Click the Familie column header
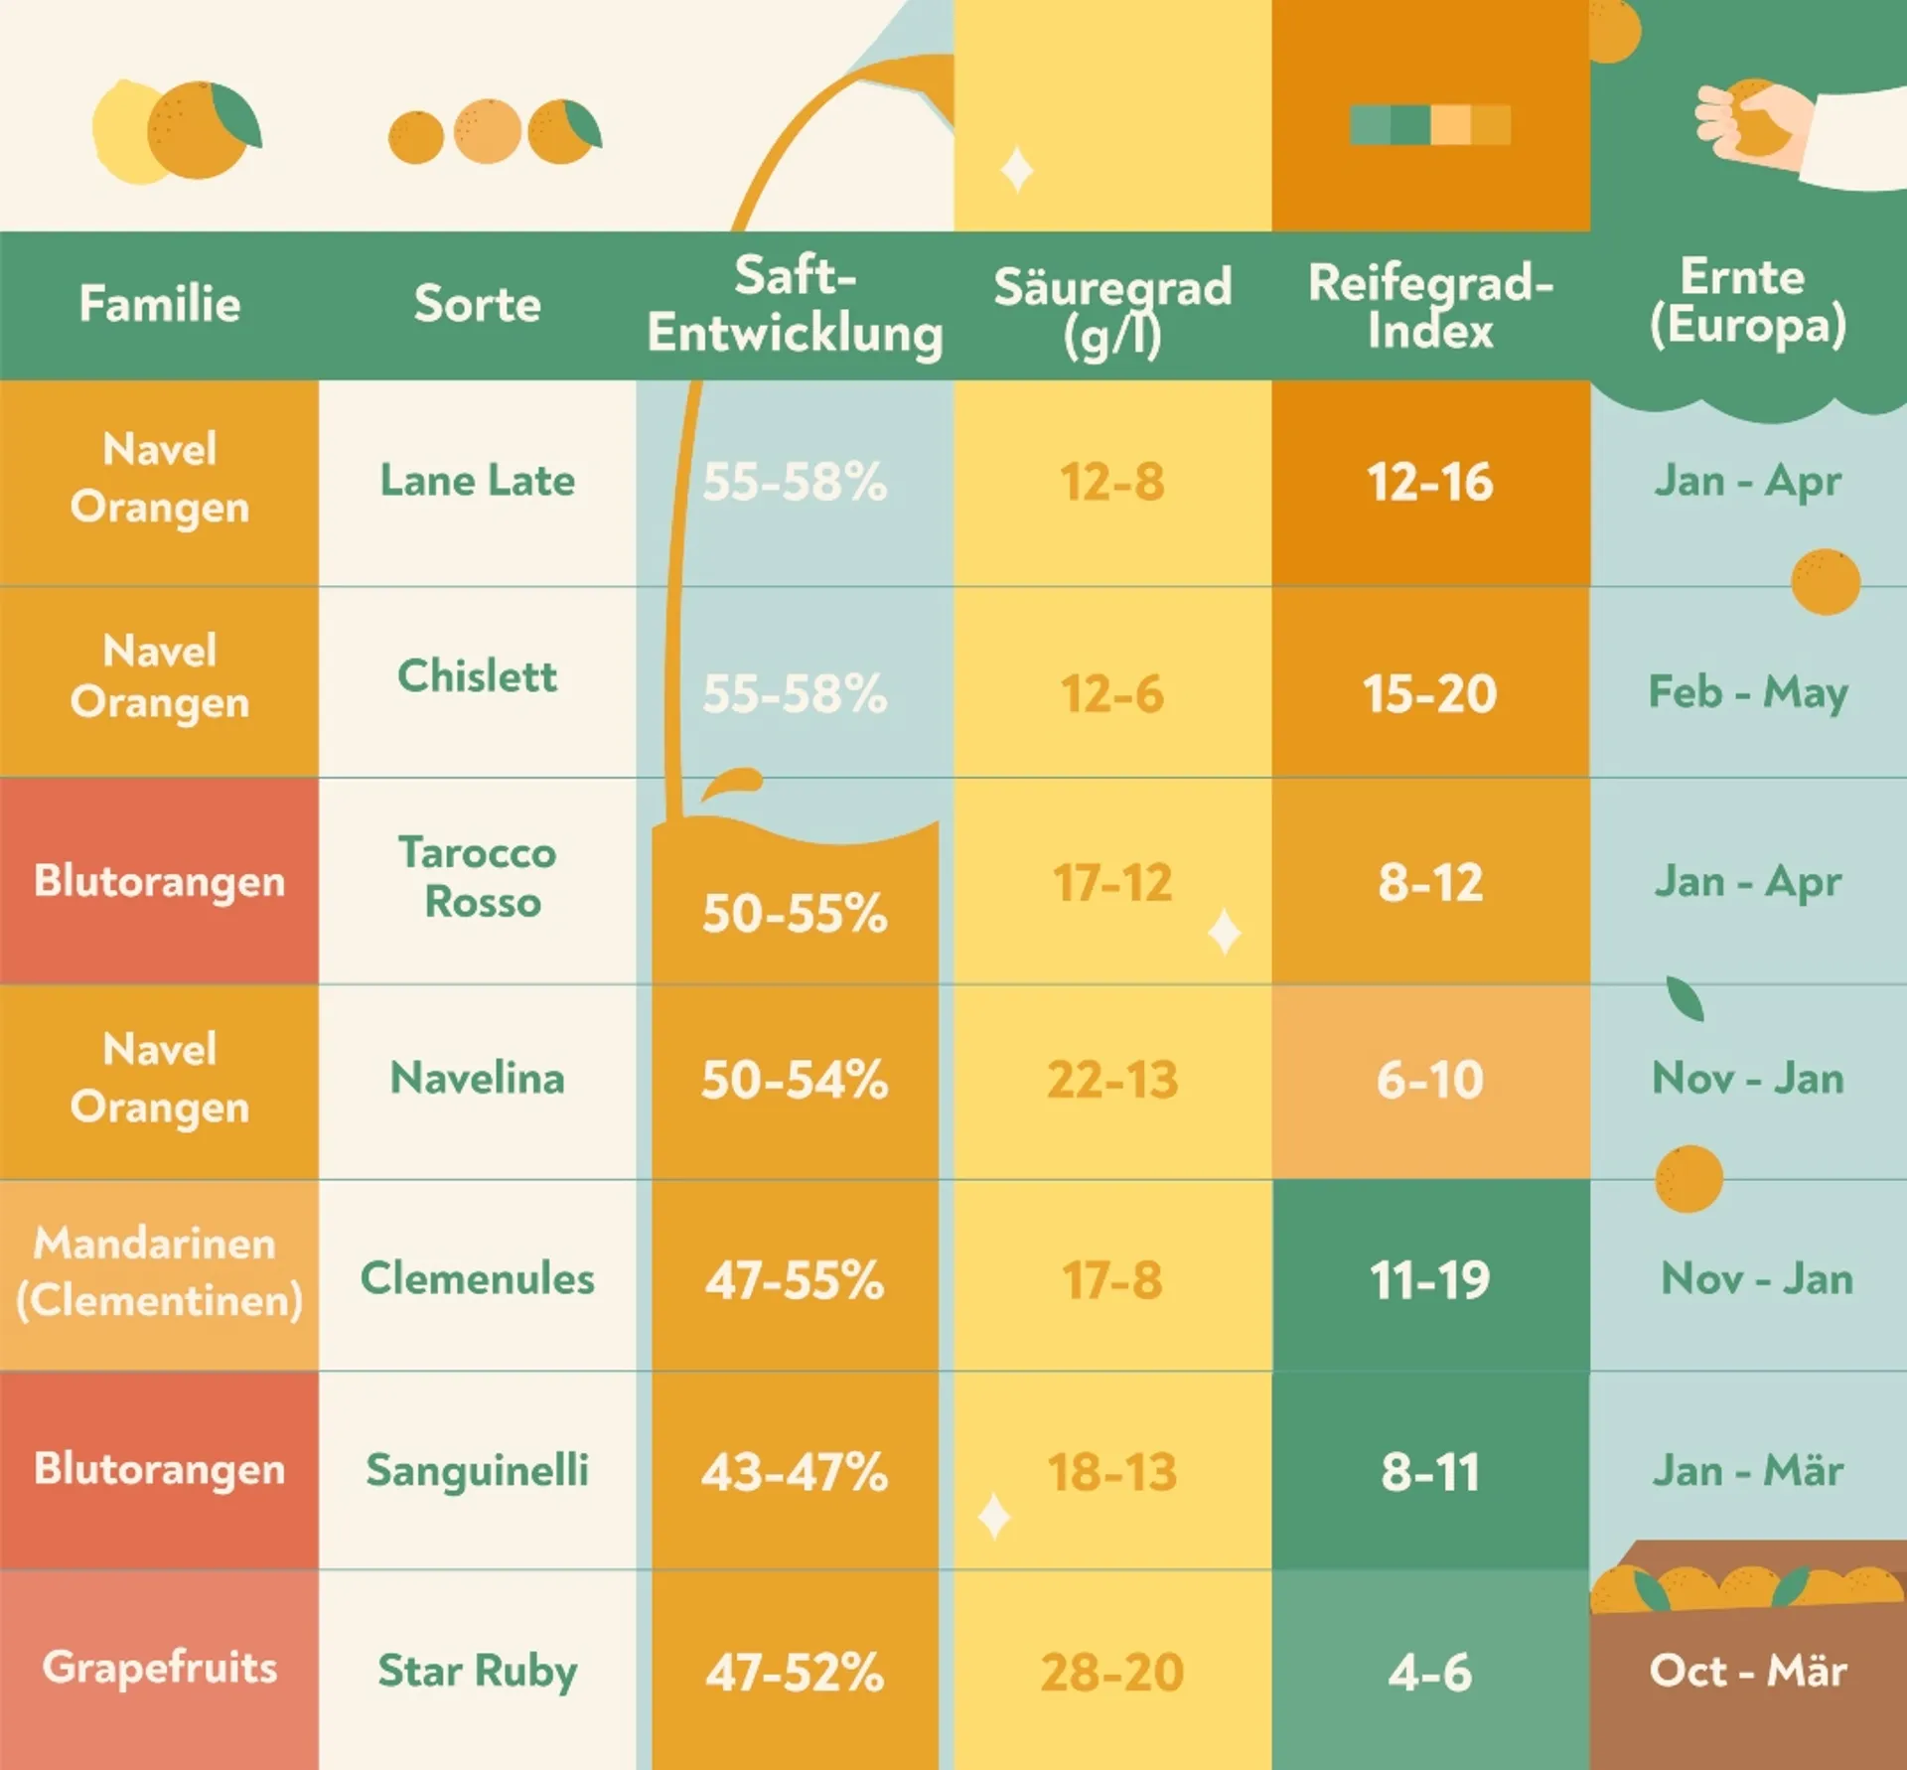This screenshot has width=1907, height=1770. coord(159,304)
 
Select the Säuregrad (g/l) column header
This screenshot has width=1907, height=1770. coord(1112,309)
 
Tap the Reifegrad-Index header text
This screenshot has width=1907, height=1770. coord(1430,305)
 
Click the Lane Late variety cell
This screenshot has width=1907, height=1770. coord(477,481)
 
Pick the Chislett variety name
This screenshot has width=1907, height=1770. coord(477,676)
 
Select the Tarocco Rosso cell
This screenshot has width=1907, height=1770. coord(479,877)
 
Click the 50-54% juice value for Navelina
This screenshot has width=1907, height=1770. coord(795,1080)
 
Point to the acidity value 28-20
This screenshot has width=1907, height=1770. coord(1112,1672)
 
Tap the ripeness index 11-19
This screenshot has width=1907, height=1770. coord(1430,1279)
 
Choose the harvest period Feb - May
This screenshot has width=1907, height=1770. coord(1748,691)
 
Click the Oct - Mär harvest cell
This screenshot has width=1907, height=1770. coord(1748,1671)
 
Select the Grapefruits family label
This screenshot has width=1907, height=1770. coord(159,1667)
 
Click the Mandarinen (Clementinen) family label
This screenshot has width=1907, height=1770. coord(159,1272)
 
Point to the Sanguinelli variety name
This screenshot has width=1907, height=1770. coord(477,1470)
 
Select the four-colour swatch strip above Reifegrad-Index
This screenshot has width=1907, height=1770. coord(1430,125)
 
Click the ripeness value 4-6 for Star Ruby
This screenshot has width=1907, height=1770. coord(1430,1673)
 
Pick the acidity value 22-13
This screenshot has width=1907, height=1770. coord(1112,1080)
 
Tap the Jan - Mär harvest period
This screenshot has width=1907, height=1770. coord(1748,1470)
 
